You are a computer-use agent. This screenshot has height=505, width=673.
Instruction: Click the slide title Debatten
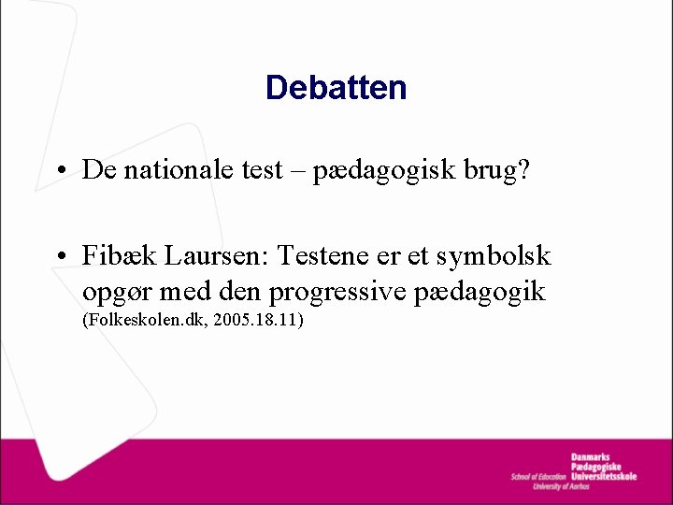pos(336,88)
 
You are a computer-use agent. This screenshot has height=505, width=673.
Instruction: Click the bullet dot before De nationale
pos(59,171)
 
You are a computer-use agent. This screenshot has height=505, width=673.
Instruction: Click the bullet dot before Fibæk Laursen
pos(59,256)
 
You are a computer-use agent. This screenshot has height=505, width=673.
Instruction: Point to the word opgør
pos(116,293)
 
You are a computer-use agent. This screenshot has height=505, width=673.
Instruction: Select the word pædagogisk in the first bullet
pos(378,169)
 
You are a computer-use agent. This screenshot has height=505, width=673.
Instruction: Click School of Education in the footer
pos(538,477)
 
